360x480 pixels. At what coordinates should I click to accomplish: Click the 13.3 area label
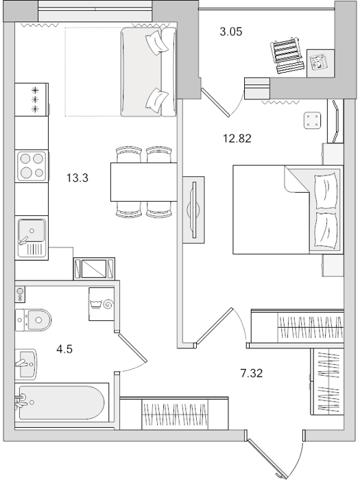pyautogui.click(x=77, y=178)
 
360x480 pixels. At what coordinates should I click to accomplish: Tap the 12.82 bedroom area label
pyautogui.click(x=237, y=139)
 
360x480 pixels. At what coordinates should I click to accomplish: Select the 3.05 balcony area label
pyautogui.click(x=231, y=32)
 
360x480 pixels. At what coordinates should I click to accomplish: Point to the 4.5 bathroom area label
pyautogui.click(x=64, y=348)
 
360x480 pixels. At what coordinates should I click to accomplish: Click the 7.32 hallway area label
pyautogui.click(x=252, y=373)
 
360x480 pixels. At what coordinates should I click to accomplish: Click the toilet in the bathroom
pyautogui.click(x=33, y=320)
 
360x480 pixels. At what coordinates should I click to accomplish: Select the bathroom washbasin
pyautogui.click(x=26, y=363)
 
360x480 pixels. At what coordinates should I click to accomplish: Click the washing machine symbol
pyautogui.click(x=101, y=304)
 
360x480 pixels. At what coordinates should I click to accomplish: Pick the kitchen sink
pyautogui.click(x=32, y=237)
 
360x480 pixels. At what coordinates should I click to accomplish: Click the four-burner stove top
pyautogui.click(x=32, y=167)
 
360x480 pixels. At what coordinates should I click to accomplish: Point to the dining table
pyautogui.click(x=143, y=182)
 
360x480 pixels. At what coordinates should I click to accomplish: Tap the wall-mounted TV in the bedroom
pyautogui.click(x=193, y=210)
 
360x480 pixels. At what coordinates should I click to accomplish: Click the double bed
pyautogui.click(x=288, y=210)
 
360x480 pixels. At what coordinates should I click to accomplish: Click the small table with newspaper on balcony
pyautogui.click(x=320, y=63)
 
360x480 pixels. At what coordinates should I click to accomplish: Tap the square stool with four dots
pyautogui.click(x=312, y=120)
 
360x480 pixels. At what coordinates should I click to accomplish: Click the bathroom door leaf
pyautogui.click(x=133, y=348)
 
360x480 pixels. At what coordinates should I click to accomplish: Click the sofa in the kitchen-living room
pyautogui.click(x=149, y=72)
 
